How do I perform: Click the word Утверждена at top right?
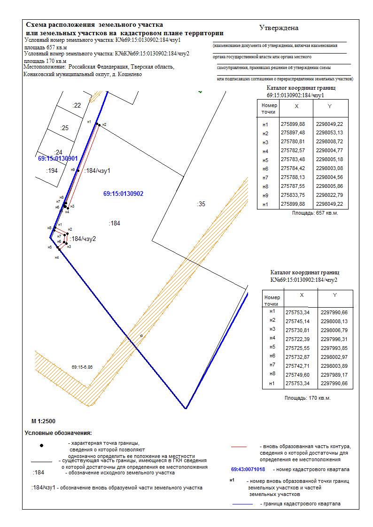coord(279,28)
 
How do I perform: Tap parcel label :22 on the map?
coord(77,105)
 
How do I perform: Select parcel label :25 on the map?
coord(64,128)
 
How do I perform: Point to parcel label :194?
coord(52,170)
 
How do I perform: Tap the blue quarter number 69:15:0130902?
coord(123,194)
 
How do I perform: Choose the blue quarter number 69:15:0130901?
coord(58,159)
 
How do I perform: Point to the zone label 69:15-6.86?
coord(82,367)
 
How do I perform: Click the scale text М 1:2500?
coord(43,421)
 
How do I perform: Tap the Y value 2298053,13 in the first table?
coord(329,133)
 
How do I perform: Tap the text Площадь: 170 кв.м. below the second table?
coord(308,398)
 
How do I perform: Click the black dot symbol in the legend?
coord(42,445)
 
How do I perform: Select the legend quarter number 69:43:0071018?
coord(248,469)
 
